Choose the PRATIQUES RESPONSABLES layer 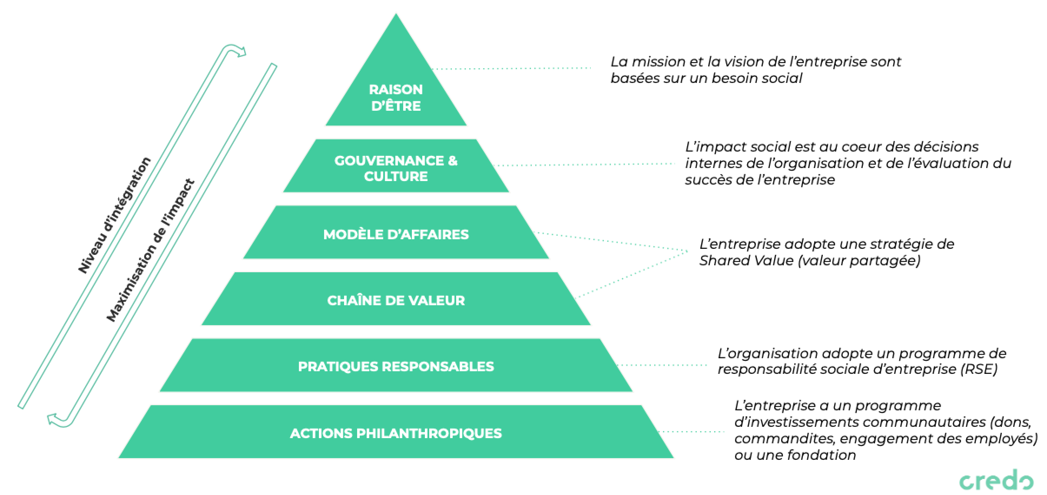pyautogui.click(x=396, y=366)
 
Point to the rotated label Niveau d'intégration pyautogui.click(x=114, y=215)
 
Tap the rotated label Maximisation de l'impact pyautogui.click(x=150, y=251)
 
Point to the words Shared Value pyautogui.click(x=746, y=261)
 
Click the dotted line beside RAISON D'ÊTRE pyautogui.click(x=513, y=68)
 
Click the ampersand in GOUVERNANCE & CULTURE pyautogui.click(x=453, y=161)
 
